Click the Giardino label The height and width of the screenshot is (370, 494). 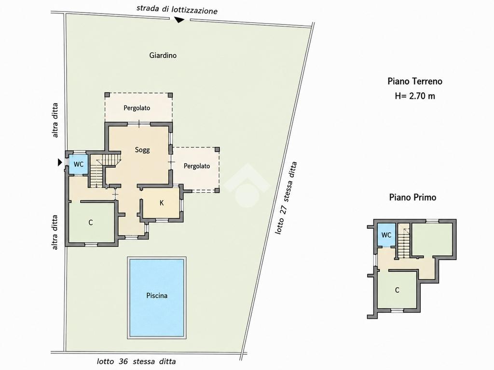pyautogui.click(x=163, y=55)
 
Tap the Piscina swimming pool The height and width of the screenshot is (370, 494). pyautogui.click(x=157, y=298)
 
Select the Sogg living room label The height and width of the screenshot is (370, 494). pyautogui.click(x=142, y=150)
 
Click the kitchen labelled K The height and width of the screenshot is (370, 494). pyautogui.click(x=161, y=203)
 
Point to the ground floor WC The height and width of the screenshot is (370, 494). pyautogui.click(x=78, y=164)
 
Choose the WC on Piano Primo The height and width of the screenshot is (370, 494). pyautogui.click(x=386, y=235)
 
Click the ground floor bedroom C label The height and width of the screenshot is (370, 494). pyautogui.click(x=91, y=223)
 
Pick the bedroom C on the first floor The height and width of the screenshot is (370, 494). pyautogui.click(x=397, y=290)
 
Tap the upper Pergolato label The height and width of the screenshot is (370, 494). pyautogui.click(x=137, y=108)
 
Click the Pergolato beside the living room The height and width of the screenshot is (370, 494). pyautogui.click(x=197, y=166)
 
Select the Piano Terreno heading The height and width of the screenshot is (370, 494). pyautogui.click(x=414, y=81)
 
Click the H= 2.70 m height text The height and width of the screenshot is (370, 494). pyautogui.click(x=414, y=96)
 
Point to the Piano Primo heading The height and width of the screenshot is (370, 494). pyautogui.click(x=412, y=197)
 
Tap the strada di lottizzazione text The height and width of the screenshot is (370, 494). pyautogui.click(x=177, y=10)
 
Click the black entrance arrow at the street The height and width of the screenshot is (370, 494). pyautogui.click(x=179, y=20)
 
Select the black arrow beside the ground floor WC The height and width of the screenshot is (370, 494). pyautogui.click(x=60, y=162)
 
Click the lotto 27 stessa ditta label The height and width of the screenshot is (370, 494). pyautogui.click(x=286, y=198)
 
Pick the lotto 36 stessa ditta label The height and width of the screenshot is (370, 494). pyautogui.click(x=136, y=361)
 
